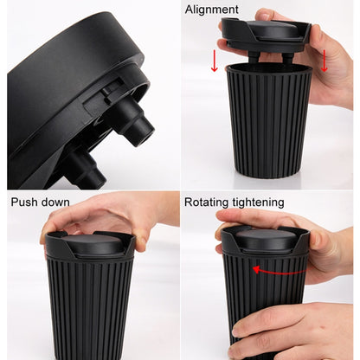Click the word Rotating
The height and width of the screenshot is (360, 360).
pyautogui.click(x=211, y=202)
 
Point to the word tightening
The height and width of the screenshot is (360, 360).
pyautogui.click(x=262, y=202)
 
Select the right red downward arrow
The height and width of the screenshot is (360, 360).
pyautogui.click(x=325, y=61)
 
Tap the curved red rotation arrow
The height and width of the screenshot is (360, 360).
pyautogui.click(x=278, y=270)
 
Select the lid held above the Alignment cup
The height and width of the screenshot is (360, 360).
pyautogui.click(x=263, y=33)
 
